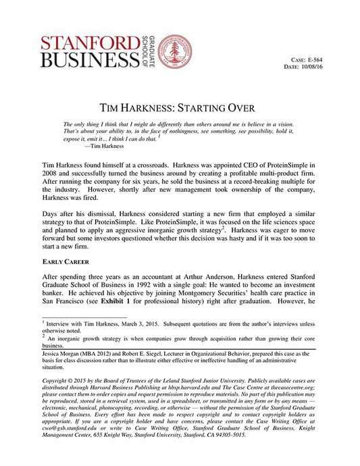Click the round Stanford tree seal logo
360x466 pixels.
click(175, 51)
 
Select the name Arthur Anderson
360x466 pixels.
click(219, 276)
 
